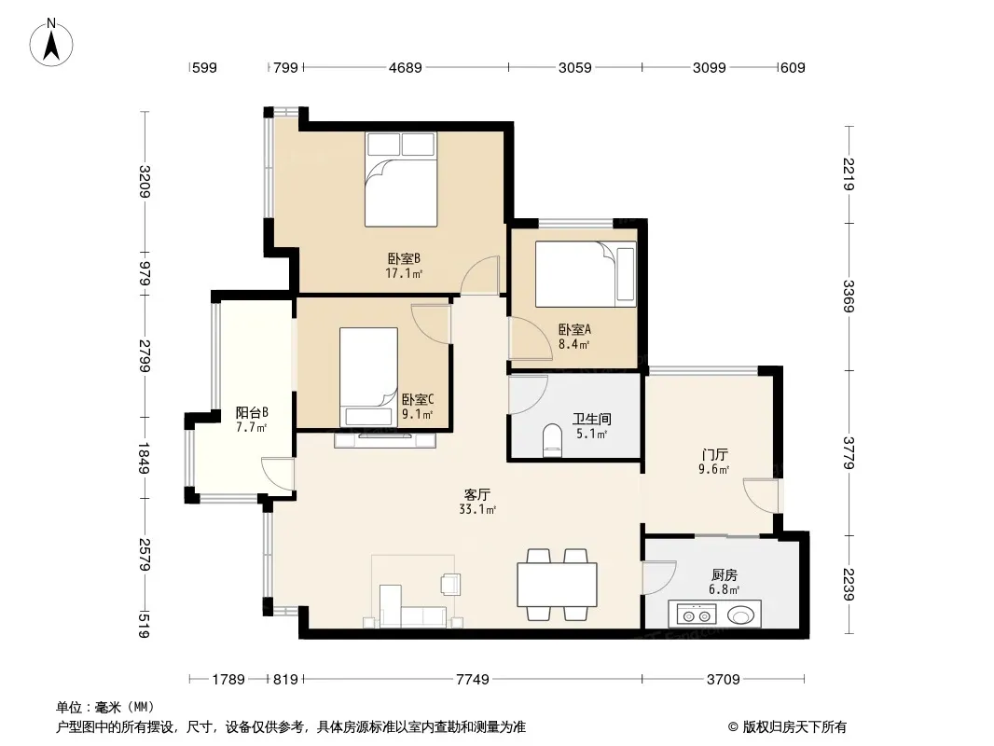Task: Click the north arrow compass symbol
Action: click(51, 43)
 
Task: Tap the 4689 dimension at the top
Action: click(405, 67)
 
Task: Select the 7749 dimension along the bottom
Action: click(473, 680)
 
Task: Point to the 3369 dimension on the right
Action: click(849, 296)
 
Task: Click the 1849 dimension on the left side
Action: click(145, 458)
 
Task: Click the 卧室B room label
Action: click(404, 258)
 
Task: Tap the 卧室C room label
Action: click(418, 400)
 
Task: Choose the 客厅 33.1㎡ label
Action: click(476, 502)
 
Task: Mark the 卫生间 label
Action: click(591, 419)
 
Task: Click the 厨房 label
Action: click(724, 574)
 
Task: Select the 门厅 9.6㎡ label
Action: click(714, 462)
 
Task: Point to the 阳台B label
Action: click(252, 412)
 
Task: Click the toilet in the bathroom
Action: click(553, 440)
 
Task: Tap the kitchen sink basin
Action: click(740, 615)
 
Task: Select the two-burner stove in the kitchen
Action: click(697, 615)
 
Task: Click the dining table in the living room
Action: click(558, 585)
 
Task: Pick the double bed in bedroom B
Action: click(401, 179)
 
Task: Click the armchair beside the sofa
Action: click(450, 584)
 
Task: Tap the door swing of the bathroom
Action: click(528, 395)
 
